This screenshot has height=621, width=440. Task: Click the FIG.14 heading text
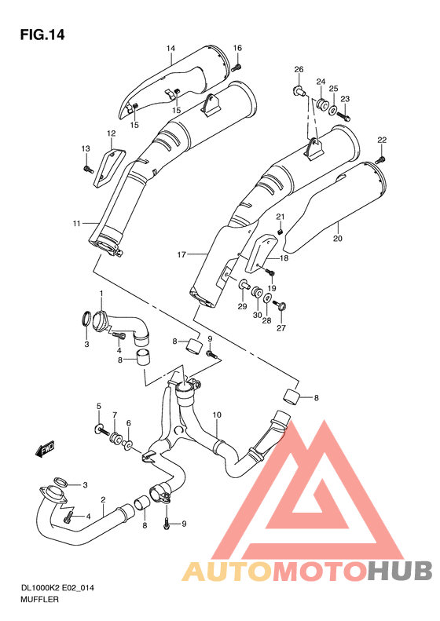(x=42, y=35)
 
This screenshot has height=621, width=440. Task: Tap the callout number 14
(x=170, y=49)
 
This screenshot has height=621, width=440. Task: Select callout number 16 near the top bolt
(x=237, y=49)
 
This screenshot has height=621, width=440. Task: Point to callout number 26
(x=299, y=70)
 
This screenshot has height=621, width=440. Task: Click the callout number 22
(x=382, y=140)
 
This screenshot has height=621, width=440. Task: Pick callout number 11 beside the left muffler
(x=77, y=224)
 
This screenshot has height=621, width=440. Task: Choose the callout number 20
(x=337, y=238)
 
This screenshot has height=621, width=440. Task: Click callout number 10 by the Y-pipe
(x=217, y=415)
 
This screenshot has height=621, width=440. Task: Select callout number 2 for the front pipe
(x=103, y=500)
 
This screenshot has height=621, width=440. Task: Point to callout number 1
(x=101, y=294)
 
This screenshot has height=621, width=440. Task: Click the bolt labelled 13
(x=85, y=166)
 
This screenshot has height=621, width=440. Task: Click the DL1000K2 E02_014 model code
(x=54, y=586)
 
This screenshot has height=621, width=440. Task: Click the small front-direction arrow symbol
(x=42, y=450)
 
